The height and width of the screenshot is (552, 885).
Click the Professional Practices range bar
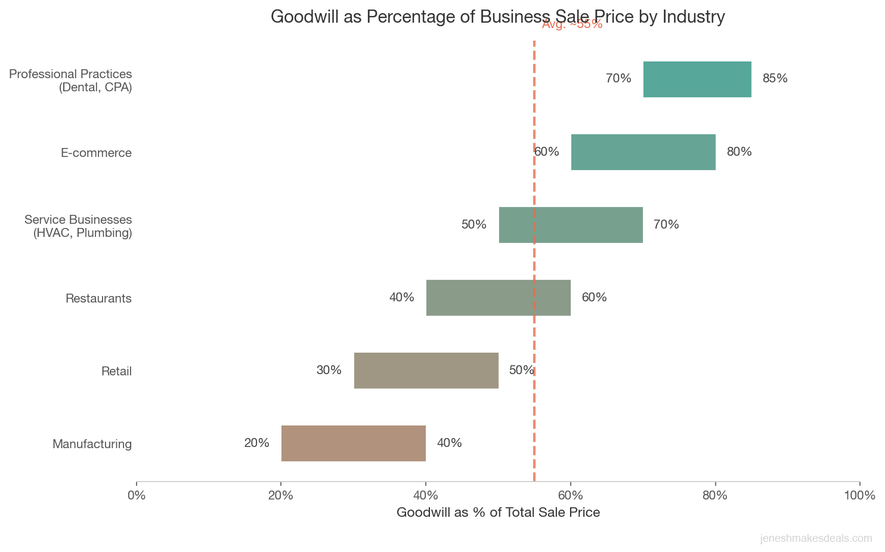point(697,79)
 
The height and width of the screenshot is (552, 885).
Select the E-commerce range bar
point(643,152)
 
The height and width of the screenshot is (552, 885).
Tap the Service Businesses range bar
point(571,225)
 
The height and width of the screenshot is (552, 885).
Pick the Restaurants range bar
point(498,298)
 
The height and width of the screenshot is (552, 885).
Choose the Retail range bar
point(426,371)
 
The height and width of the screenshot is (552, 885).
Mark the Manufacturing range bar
point(354,443)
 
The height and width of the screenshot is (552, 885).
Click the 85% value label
point(775,79)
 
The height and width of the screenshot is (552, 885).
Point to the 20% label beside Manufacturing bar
point(256,443)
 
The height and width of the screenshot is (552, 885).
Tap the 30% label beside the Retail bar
point(329,371)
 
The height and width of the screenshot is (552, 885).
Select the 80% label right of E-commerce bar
point(739,152)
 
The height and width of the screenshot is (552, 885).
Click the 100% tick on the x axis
point(859,496)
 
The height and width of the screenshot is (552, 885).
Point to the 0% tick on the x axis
point(137,496)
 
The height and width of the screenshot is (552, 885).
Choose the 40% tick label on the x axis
point(426,496)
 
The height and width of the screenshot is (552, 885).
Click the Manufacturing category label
point(92,444)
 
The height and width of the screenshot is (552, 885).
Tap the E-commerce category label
point(96,153)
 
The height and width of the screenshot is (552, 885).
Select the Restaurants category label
point(98,298)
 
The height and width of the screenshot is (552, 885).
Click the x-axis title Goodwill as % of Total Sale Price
point(498,513)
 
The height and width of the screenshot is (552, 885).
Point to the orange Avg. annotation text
point(572,24)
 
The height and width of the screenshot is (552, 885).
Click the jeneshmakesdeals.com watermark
point(816,539)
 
